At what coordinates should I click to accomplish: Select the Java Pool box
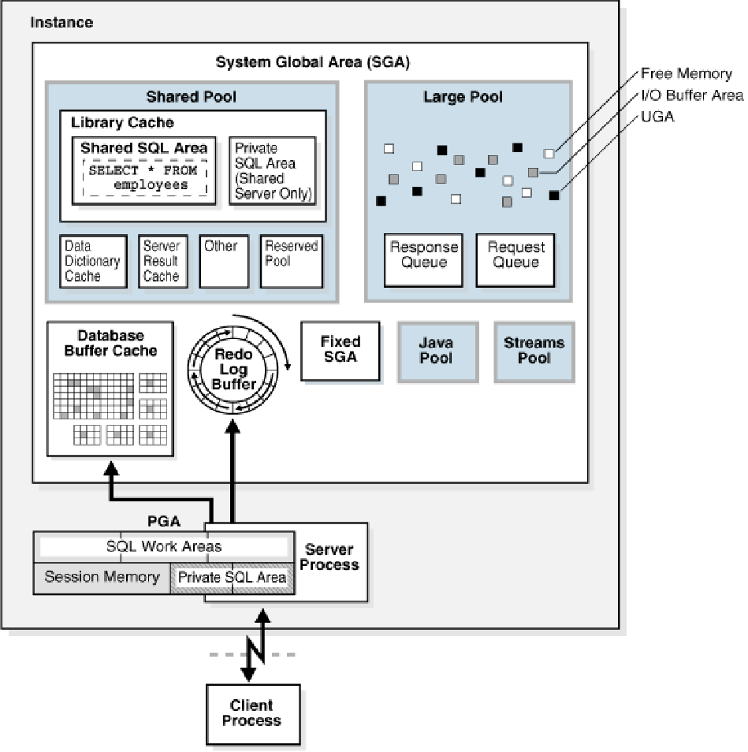[x=437, y=352]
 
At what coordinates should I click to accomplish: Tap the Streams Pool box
[x=534, y=352]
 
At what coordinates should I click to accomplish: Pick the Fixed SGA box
[x=340, y=350]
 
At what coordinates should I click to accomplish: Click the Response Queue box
[x=424, y=259]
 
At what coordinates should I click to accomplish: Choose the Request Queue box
[x=515, y=259]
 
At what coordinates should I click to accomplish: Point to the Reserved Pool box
[x=291, y=261]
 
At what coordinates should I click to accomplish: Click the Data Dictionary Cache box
[x=93, y=261]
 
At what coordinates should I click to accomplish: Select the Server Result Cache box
[x=162, y=261]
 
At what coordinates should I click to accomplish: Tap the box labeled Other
[x=224, y=261]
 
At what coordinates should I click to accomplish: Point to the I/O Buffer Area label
[x=691, y=95]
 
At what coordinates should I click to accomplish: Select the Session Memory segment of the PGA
[x=102, y=577]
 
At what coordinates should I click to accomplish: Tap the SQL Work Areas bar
[x=164, y=546]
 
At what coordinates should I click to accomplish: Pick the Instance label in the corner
[x=61, y=22]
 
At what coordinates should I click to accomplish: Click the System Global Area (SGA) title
[x=313, y=61]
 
